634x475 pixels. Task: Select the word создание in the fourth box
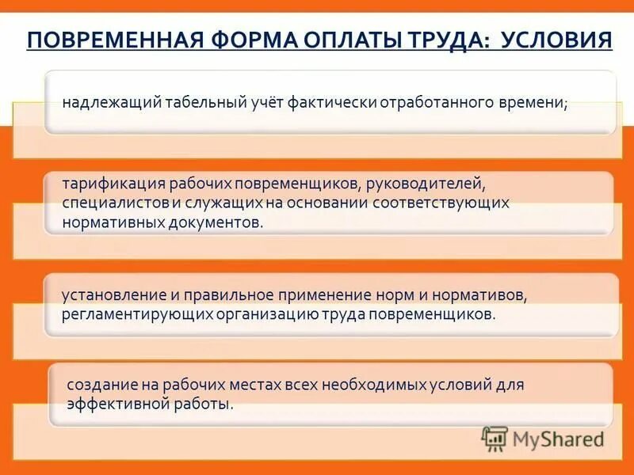point(94,385)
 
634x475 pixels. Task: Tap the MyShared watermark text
point(558,437)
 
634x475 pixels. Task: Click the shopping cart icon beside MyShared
point(495,437)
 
